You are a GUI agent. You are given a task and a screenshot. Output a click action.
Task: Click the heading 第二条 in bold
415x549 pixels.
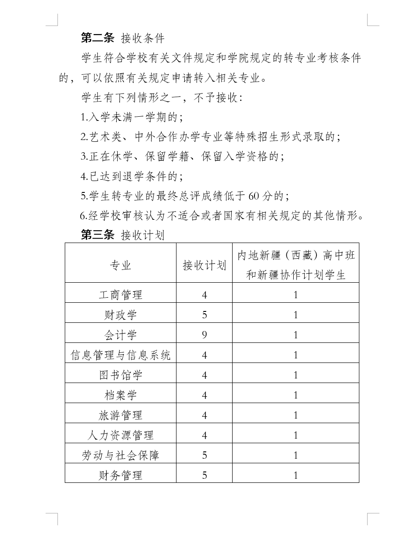(x=97, y=37)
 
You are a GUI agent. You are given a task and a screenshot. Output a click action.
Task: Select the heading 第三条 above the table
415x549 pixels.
(x=97, y=235)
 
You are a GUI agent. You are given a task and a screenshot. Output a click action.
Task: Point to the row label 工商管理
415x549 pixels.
(x=120, y=295)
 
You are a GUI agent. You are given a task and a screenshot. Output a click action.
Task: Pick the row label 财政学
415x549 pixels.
(x=120, y=315)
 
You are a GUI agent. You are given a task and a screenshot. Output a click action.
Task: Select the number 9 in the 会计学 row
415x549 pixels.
(x=204, y=335)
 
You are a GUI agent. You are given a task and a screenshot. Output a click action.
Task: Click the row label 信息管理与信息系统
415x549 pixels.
(x=120, y=355)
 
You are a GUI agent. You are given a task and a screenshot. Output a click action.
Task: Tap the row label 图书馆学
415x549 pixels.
(x=120, y=375)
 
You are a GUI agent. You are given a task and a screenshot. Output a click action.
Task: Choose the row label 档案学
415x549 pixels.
(x=120, y=395)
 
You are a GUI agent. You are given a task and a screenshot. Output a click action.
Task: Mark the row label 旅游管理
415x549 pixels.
(x=120, y=415)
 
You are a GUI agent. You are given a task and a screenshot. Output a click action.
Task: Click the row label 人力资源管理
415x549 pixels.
(x=120, y=435)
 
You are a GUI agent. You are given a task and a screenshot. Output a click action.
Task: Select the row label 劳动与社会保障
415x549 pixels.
(x=120, y=456)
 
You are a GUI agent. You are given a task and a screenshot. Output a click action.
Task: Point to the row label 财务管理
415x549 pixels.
(x=120, y=476)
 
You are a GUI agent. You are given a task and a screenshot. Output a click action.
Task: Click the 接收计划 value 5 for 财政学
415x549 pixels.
(x=204, y=315)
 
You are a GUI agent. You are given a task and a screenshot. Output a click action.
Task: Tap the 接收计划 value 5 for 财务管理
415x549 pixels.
(x=204, y=476)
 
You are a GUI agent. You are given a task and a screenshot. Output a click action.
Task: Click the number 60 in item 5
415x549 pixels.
(x=254, y=196)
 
